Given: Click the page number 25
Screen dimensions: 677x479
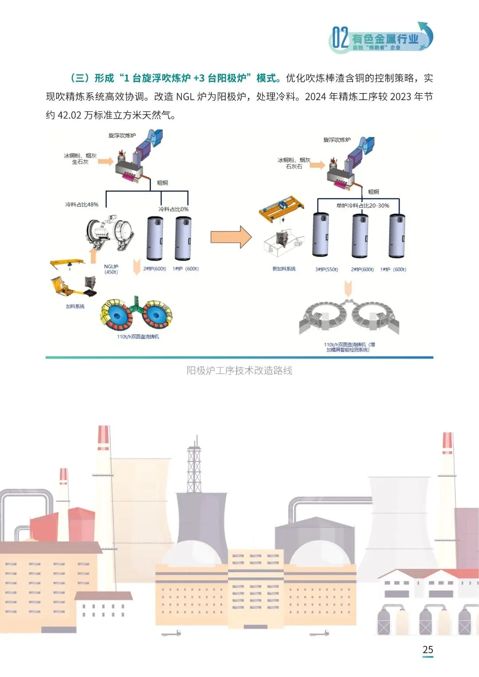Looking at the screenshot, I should tap(428, 650).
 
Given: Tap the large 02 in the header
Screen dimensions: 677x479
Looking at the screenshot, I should tap(340, 38).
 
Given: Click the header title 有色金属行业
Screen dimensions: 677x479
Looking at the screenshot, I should tap(385, 39).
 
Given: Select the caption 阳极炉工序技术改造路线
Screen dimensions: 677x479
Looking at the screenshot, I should tap(239, 371).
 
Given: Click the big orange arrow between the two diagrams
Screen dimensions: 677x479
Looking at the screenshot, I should tap(231, 237).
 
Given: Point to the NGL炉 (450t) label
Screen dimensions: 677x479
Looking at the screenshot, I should tap(111, 269).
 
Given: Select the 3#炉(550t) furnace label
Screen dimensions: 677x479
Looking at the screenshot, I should tap(326, 270).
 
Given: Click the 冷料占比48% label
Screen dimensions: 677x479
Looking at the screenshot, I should tap(82, 204).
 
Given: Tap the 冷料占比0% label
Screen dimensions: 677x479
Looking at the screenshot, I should tap(173, 209).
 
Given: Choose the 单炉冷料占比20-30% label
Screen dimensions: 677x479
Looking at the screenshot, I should tap(363, 205).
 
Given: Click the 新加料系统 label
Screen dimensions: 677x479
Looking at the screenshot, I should tap(284, 269).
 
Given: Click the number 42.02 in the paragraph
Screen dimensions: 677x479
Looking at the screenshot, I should tap(70, 115).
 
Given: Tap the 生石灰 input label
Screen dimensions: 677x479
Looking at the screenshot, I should tap(80, 162).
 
